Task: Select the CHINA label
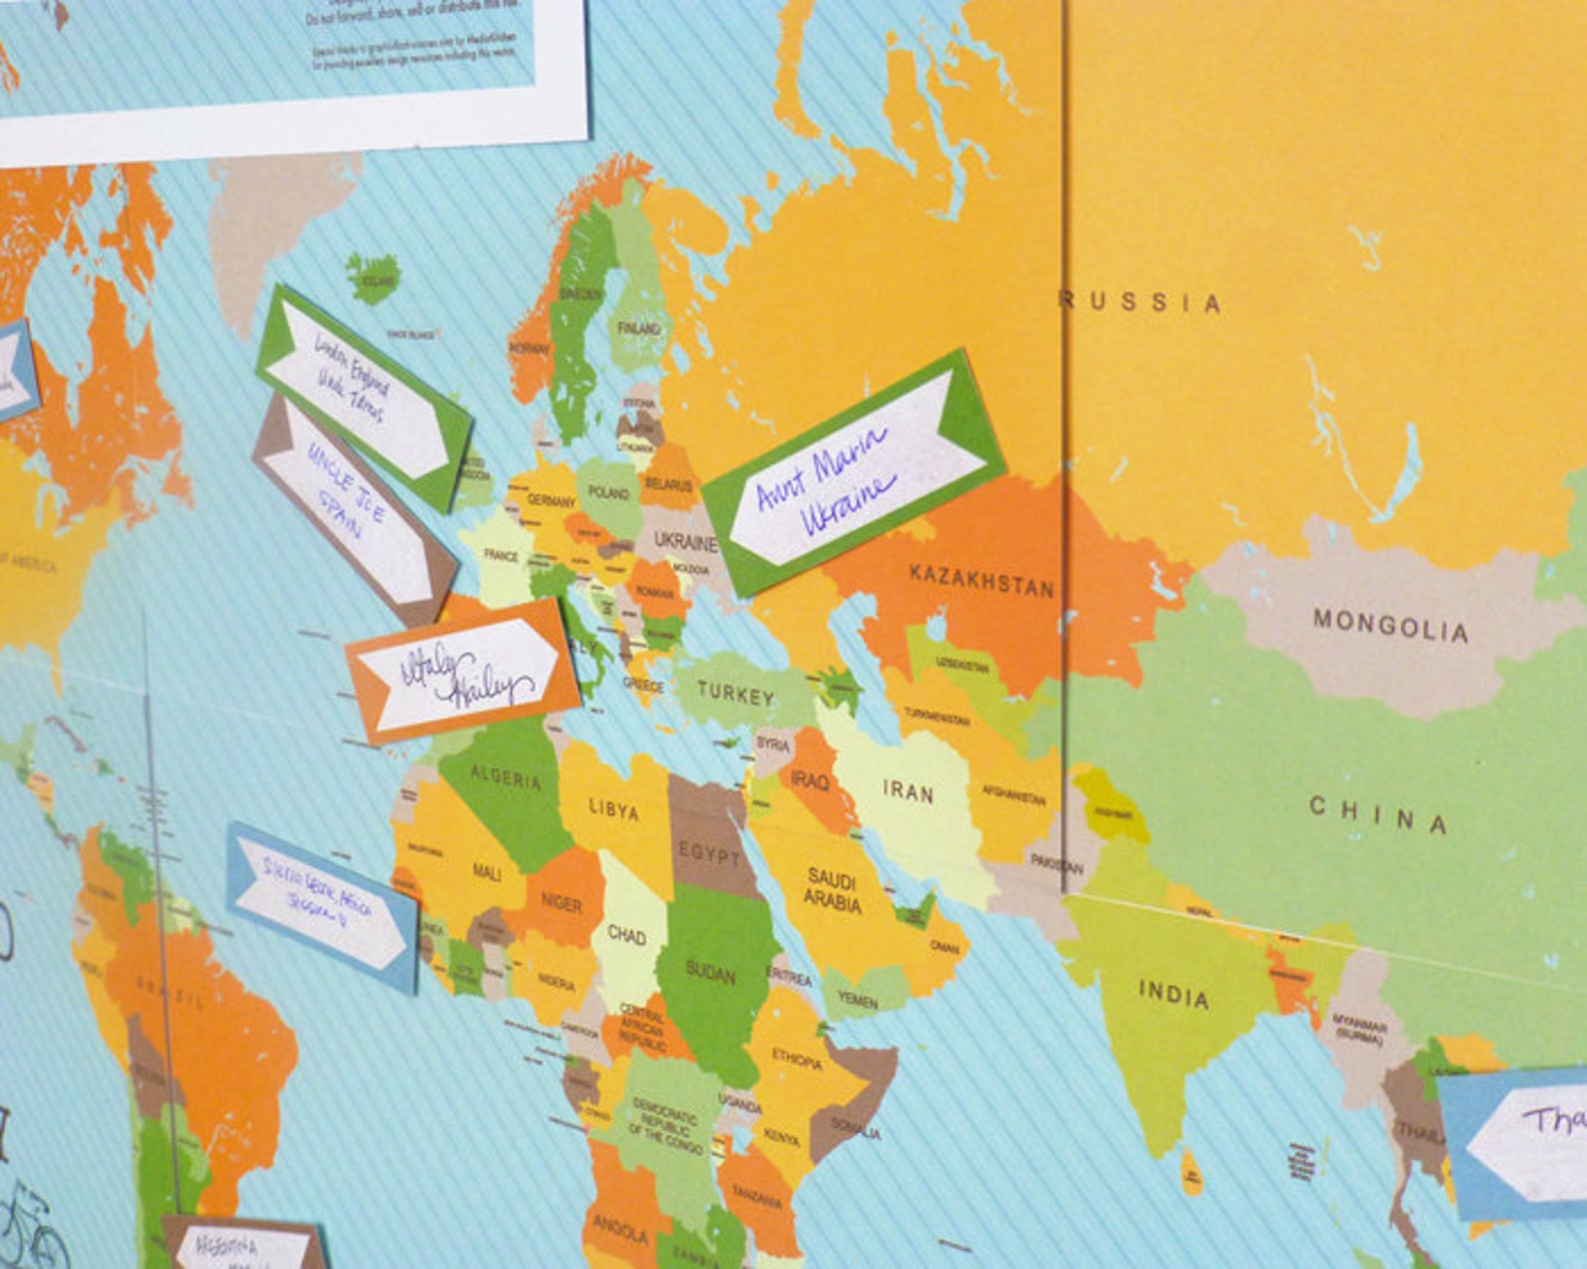click(1378, 814)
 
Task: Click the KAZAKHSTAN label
click(981, 581)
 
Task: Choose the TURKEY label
click(736, 693)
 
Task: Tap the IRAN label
click(907, 791)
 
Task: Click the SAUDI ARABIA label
click(831, 890)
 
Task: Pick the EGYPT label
click(710, 854)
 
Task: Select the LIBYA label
click(614, 809)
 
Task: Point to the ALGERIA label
click(506, 776)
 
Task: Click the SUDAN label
click(711, 971)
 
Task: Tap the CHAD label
click(627, 935)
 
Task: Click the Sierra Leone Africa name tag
click(322, 906)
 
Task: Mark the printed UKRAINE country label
click(686, 542)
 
